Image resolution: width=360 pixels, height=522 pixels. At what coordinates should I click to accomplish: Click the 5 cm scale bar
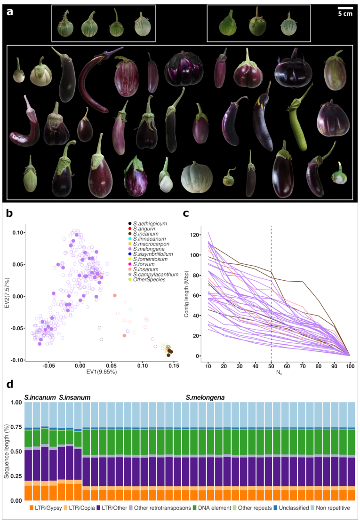coord(345,8)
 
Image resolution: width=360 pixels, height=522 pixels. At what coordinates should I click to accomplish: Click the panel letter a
coord(10,11)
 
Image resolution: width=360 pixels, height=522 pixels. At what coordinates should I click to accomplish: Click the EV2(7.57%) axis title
coord(7,297)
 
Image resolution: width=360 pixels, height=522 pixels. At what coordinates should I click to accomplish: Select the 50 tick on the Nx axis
coord(271,366)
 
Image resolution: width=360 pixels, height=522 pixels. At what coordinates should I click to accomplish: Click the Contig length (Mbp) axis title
coord(187,295)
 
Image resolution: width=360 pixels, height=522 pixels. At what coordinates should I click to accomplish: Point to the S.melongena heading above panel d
coord(204,397)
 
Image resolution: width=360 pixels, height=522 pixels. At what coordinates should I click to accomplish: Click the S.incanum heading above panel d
coord(40,397)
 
